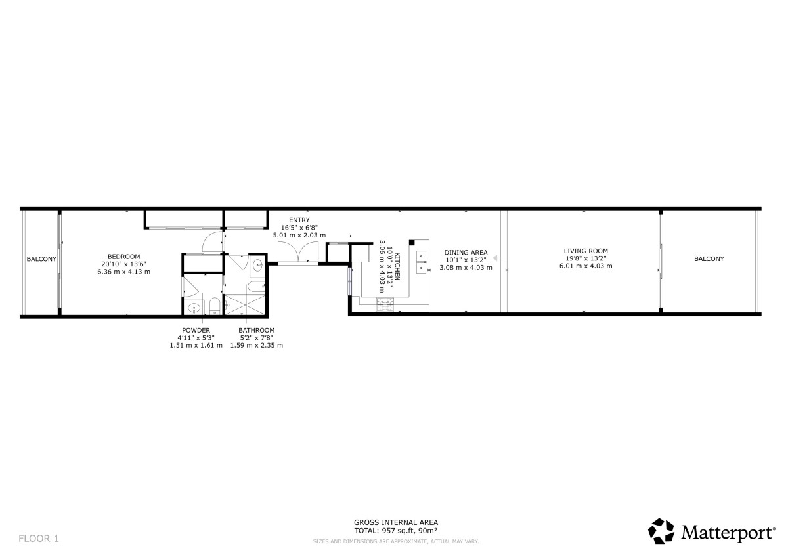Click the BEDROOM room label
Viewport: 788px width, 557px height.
(x=124, y=257)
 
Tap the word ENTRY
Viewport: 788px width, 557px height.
(x=299, y=220)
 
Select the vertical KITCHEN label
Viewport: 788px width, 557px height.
(x=397, y=266)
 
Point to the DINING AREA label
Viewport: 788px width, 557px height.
(x=466, y=253)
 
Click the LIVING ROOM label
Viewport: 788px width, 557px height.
(x=586, y=251)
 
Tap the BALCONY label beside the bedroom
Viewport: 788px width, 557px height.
(x=41, y=259)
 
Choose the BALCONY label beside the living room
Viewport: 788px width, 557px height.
(x=709, y=259)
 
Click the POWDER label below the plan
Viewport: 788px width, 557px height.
(x=196, y=331)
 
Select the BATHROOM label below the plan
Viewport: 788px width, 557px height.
(x=257, y=331)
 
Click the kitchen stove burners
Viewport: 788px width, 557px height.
(x=385, y=304)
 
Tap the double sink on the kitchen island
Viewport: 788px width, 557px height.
(x=422, y=262)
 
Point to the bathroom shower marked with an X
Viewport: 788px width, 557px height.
(x=245, y=304)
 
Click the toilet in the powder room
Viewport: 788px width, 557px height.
(x=215, y=306)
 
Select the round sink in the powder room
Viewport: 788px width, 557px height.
(x=194, y=308)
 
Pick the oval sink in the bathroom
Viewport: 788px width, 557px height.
(x=258, y=264)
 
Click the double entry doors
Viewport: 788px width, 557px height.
(x=298, y=252)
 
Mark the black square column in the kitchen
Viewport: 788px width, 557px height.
(x=412, y=243)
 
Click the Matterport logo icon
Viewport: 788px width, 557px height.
(x=661, y=531)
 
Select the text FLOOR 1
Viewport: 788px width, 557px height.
(x=39, y=539)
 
